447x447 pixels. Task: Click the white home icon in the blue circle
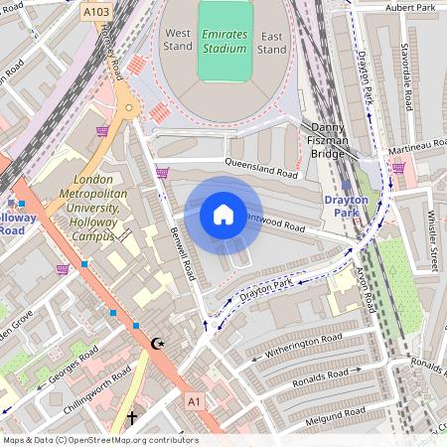point(223,214)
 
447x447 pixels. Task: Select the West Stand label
point(178,40)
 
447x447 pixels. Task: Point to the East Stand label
point(272,42)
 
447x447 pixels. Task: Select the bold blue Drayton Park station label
point(346,207)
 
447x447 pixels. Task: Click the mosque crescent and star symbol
point(156,344)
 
